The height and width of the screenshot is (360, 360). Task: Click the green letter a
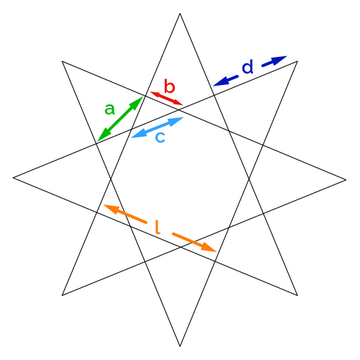point(109,109)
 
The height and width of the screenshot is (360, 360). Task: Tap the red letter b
point(170,86)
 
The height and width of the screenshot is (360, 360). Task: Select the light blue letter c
point(161,138)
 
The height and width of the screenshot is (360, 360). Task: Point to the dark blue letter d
point(248,66)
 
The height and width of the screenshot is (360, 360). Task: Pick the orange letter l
point(158,227)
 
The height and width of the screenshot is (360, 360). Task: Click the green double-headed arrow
point(120,119)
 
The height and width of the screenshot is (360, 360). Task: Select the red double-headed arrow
point(166,99)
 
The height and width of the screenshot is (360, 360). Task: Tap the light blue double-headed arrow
point(158,127)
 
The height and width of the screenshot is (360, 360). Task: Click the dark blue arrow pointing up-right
point(274,61)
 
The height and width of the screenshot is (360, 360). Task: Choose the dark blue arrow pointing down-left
point(225,81)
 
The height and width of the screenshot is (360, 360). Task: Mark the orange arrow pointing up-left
point(125,214)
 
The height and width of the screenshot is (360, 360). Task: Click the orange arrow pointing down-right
point(194,242)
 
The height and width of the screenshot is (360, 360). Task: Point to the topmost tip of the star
point(180,14)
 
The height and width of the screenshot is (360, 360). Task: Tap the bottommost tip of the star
point(180,346)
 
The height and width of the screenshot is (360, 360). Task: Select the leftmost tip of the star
point(13,178)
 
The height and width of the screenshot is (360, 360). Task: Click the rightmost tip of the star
point(346,179)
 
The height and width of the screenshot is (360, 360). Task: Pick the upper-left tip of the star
point(62,61)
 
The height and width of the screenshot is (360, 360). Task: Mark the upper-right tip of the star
point(297,61)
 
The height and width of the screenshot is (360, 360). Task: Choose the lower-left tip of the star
point(62,295)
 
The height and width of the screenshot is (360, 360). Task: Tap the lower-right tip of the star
point(297,295)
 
